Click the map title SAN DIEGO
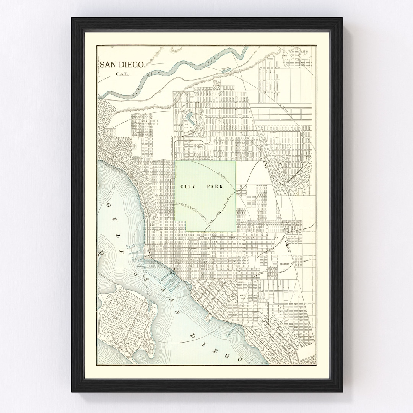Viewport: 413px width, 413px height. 123,64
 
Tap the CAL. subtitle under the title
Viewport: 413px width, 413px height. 123,74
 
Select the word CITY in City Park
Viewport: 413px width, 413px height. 189,187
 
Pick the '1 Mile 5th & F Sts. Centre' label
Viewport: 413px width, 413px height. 191,211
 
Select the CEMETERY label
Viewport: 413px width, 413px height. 286,264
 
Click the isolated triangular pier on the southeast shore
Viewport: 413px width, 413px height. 208,317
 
